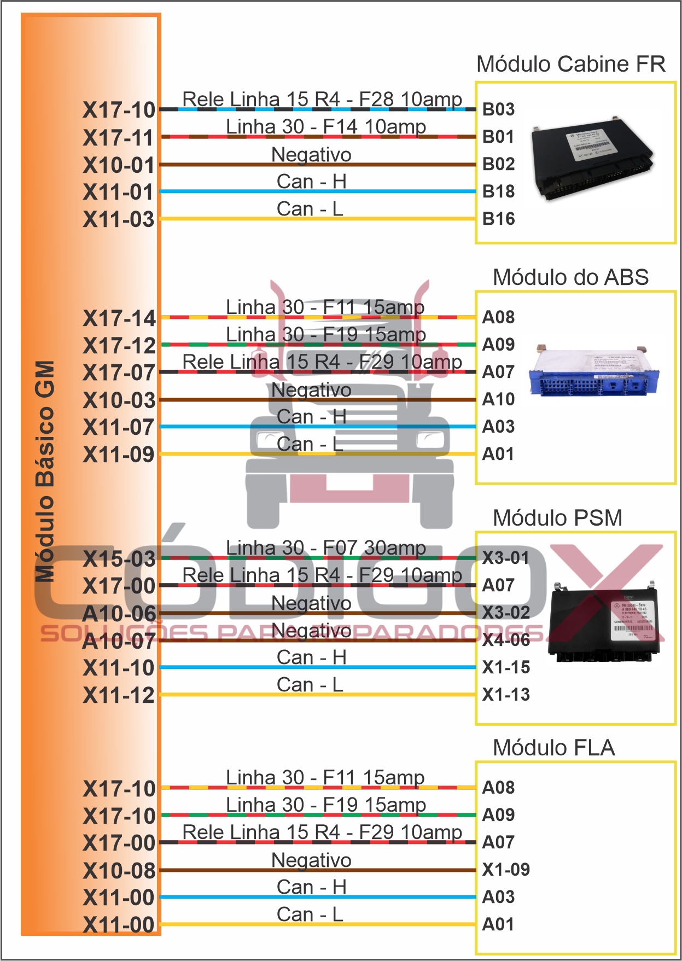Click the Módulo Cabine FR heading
coord(570,65)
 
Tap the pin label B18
coord(498,191)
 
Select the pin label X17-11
coord(119,138)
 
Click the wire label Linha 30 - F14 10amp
coord(326,126)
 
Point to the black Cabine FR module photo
coord(593,158)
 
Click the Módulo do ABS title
coord(570,277)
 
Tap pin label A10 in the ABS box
coord(498,399)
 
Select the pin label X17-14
coord(119,318)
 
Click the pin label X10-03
coord(119,400)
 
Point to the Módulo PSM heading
coord(557,518)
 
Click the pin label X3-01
coord(506,558)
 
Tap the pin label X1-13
coord(506,695)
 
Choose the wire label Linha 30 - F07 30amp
coord(326,548)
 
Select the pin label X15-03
coord(119,559)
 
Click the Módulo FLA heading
coord(553,748)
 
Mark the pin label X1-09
coord(506,870)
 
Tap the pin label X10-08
coord(119,871)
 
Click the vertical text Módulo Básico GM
coord(45,470)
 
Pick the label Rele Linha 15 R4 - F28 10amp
coord(322,99)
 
